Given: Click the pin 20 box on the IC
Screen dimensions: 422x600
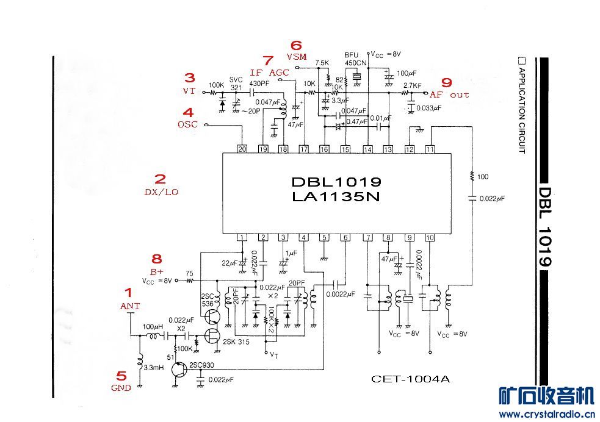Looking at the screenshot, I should pyautogui.click(x=242, y=149).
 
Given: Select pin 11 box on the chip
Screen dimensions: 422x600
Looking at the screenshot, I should pyautogui.click(x=430, y=149).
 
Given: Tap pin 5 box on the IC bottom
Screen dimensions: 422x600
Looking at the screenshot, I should pyautogui.click(x=325, y=237).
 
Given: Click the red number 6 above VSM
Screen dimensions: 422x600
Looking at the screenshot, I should pyautogui.click(x=296, y=45).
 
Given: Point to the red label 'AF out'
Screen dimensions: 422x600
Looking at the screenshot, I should pyautogui.click(x=449, y=95).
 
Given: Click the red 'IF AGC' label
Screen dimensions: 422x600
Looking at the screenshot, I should pyautogui.click(x=269, y=73).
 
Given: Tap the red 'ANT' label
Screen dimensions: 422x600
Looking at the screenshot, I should pyautogui.click(x=131, y=306).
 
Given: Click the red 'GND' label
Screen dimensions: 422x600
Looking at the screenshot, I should pyautogui.click(x=121, y=388).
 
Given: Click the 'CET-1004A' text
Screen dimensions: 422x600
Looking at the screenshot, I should pyautogui.click(x=410, y=379).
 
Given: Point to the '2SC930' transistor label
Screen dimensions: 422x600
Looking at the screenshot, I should pyautogui.click(x=201, y=365).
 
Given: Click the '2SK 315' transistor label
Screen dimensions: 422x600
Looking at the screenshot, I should pyautogui.click(x=237, y=341).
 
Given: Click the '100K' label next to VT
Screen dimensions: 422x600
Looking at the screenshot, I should pyautogui.click(x=216, y=84).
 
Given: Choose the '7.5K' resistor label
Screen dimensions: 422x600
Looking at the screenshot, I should pyautogui.click(x=322, y=63).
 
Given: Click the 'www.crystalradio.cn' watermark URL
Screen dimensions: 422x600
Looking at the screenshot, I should pyautogui.click(x=547, y=414).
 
